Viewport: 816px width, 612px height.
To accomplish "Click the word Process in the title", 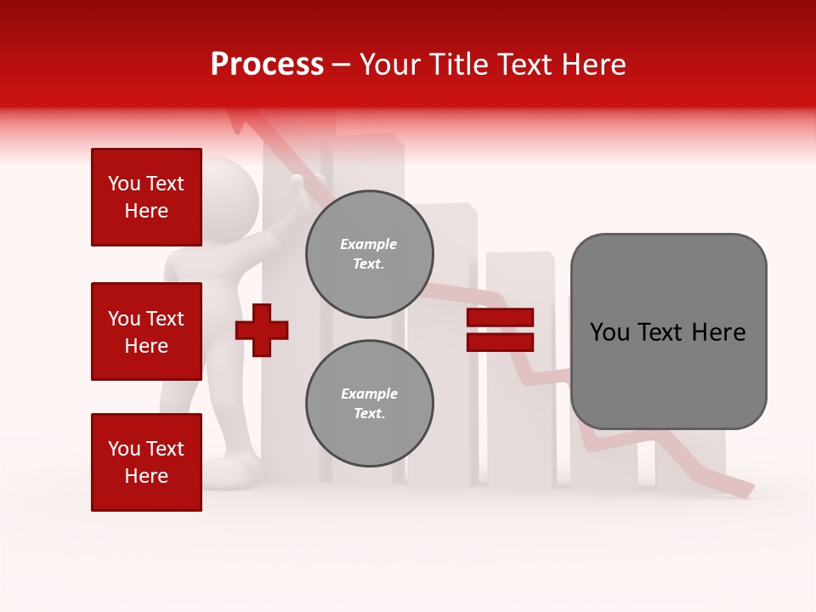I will (x=267, y=65).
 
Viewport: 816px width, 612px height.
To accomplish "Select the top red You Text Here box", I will (x=146, y=197).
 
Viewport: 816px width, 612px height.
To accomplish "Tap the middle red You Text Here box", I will (x=146, y=331).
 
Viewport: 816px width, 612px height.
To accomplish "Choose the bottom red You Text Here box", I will (x=146, y=462).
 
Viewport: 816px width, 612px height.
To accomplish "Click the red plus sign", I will (x=262, y=330).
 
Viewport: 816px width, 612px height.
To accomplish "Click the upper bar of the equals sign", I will (x=500, y=318).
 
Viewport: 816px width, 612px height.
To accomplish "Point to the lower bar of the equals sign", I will (x=500, y=343).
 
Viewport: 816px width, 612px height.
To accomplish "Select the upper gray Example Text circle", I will (x=370, y=254).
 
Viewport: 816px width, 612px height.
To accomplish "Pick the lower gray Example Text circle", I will (x=370, y=404).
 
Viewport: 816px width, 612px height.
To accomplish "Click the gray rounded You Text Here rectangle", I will (x=668, y=331).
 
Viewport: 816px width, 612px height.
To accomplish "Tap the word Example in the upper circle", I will (x=369, y=244).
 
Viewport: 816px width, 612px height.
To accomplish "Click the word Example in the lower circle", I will (x=369, y=394).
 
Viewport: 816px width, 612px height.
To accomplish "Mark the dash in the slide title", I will (x=342, y=65).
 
